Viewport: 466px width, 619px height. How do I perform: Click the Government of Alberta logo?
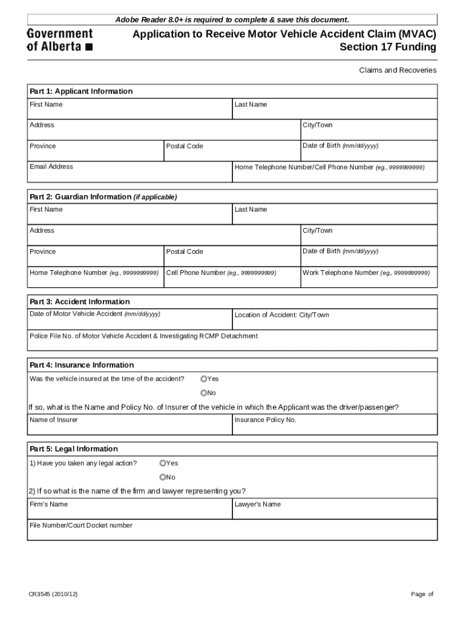60,40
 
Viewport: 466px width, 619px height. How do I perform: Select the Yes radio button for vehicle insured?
203,379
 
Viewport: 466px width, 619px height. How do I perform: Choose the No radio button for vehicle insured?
203,393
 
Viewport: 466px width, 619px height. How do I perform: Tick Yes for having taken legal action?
163,463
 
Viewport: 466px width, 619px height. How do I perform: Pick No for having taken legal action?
163,477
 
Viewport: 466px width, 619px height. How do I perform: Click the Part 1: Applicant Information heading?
81,91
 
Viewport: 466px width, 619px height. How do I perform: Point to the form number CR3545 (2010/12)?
53,594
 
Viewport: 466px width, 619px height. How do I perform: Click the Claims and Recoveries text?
398,70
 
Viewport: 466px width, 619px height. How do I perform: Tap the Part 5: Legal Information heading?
74,449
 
